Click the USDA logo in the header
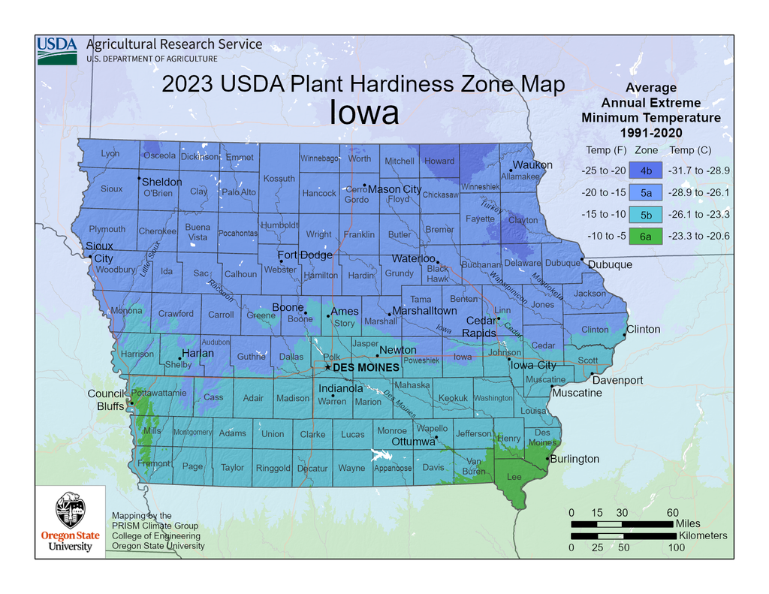tap(57, 50)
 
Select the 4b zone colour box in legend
tap(646, 170)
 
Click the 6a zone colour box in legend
tap(646, 236)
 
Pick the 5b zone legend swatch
tap(646, 214)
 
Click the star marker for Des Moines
tap(327, 367)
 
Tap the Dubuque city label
tap(610, 264)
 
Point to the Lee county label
tap(515, 477)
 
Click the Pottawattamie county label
tap(158, 393)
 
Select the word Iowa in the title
tap(364, 113)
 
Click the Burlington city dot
tap(548, 458)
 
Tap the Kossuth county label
tap(279, 179)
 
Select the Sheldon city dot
tap(139, 179)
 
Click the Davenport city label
tap(617, 380)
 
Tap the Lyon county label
tap(110, 154)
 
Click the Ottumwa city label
tap(413, 442)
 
